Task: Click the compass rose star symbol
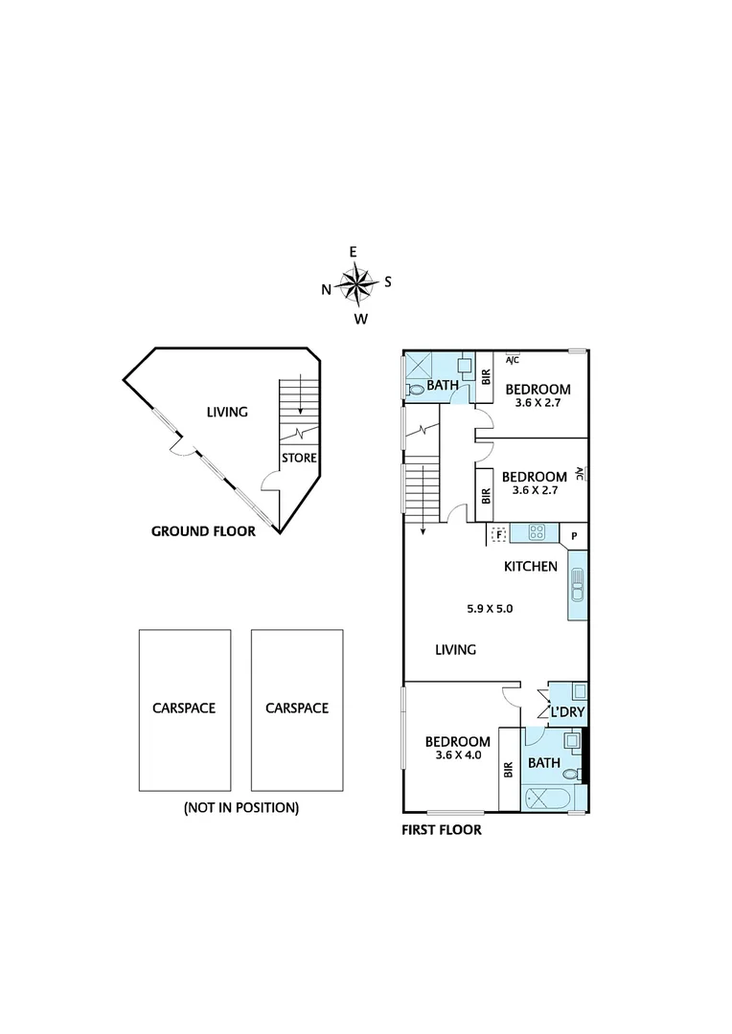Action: (x=357, y=283)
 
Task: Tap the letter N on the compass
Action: (x=327, y=288)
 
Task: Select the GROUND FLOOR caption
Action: (x=203, y=531)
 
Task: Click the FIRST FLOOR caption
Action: (x=441, y=830)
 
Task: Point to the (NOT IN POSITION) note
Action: (x=240, y=807)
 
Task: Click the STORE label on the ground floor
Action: (x=298, y=459)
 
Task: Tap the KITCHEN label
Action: (x=531, y=566)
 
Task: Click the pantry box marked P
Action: (x=574, y=535)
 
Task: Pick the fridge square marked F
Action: (x=497, y=534)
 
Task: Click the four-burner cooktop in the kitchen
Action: (x=537, y=532)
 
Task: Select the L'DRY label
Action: (x=567, y=711)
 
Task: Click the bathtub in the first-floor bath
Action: (x=548, y=798)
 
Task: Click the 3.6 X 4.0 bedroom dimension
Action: (x=457, y=755)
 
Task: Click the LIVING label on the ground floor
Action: (x=227, y=412)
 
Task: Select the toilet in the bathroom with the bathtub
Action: (x=571, y=774)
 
